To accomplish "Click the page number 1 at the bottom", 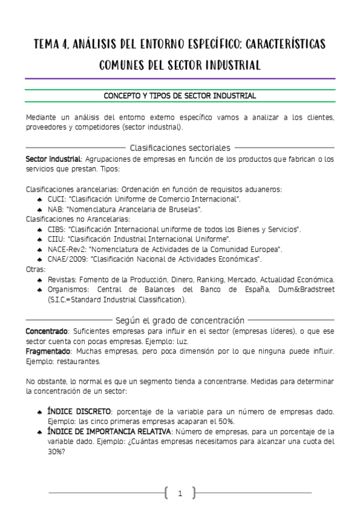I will (x=180, y=494).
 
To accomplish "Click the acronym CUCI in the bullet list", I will (x=56, y=198).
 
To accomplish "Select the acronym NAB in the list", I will (x=55, y=209).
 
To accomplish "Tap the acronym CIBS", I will (x=56, y=229).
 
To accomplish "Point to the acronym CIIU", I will (x=55, y=239).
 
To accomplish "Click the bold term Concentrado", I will (x=47, y=331).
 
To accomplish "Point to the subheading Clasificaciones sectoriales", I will (x=180, y=147).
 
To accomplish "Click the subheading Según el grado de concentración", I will (x=180, y=320).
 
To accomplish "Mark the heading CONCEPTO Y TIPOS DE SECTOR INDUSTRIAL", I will (x=180, y=96).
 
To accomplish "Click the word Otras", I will (x=35, y=269).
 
